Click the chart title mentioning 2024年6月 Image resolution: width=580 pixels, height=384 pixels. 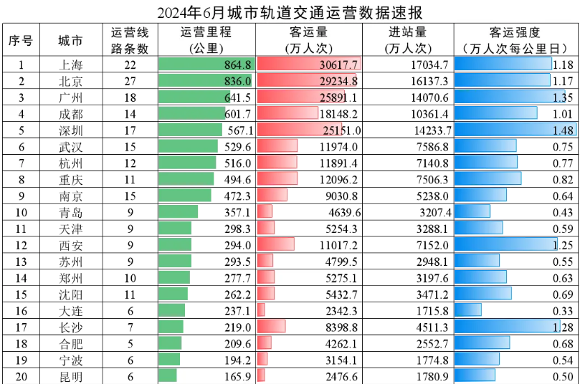(290, 12)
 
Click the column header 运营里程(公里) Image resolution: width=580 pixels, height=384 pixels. (207, 40)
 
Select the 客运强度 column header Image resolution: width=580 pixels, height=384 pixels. (515, 40)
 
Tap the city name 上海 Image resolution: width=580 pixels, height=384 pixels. (70, 64)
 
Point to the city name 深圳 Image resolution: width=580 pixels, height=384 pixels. (70, 130)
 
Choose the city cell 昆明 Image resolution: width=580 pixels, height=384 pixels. (70, 376)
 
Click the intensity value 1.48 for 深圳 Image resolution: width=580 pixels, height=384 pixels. (564, 130)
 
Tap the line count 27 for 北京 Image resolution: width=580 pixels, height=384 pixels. (130, 81)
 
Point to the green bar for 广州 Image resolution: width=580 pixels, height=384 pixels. (194, 97)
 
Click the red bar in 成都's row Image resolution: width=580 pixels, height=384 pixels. (287, 113)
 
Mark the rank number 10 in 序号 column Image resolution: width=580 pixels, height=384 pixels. (22, 212)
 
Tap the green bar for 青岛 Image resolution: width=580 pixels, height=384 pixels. (178, 212)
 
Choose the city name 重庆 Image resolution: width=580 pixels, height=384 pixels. (70, 179)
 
